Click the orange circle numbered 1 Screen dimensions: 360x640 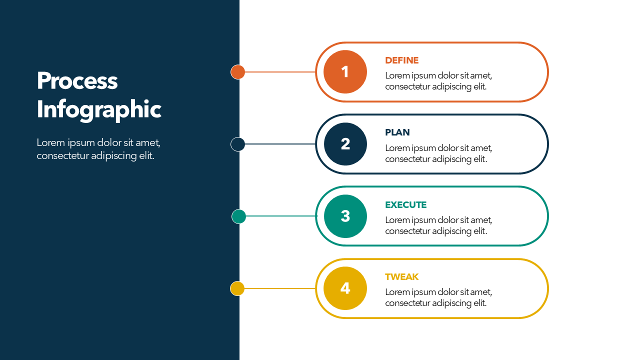pyautogui.click(x=345, y=72)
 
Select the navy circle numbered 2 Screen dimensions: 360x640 pyautogui.click(x=345, y=144)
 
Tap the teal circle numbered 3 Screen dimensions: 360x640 pyautogui.click(x=345, y=216)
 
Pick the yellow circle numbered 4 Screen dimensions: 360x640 pyautogui.click(x=345, y=288)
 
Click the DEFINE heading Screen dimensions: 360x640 pyautogui.click(x=401, y=60)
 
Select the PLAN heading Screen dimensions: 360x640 pyautogui.click(x=397, y=132)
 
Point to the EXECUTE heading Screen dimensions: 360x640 pyautogui.click(x=405, y=205)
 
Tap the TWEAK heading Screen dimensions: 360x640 pyautogui.click(x=401, y=277)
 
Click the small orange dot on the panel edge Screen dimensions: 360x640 pyautogui.click(x=238, y=72)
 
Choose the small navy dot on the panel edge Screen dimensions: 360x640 pyautogui.click(x=238, y=144)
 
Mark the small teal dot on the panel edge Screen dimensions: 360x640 pyautogui.click(x=239, y=216)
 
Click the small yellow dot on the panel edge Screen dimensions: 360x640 pyautogui.click(x=237, y=288)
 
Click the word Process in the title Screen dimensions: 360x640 pyautogui.click(x=77, y=81)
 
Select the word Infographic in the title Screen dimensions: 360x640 pyautogui.click(x=99, y=110)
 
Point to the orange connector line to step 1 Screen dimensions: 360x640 pyautogui.click(x=280, y=72)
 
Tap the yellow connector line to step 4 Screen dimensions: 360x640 pyautogui.click(x=280, y=288)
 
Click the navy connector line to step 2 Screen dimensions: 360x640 pyautogui.click(x=280, y=144)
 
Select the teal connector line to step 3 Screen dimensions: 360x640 pyautogui.click(x=281, y=216)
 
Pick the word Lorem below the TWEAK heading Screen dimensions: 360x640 pyautogui.click(x=397, y=292)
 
